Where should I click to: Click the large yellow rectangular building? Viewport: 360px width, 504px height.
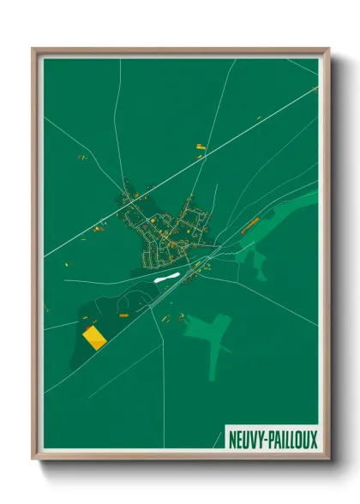pos(93,337)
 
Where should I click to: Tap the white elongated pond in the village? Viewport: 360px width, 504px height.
pos(165,278)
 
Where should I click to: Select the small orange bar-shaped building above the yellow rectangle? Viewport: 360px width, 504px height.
pos(122,316)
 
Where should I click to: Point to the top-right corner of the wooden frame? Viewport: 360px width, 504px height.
pos(327,50)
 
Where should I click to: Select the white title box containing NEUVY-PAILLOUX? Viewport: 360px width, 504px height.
pos(272,439)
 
